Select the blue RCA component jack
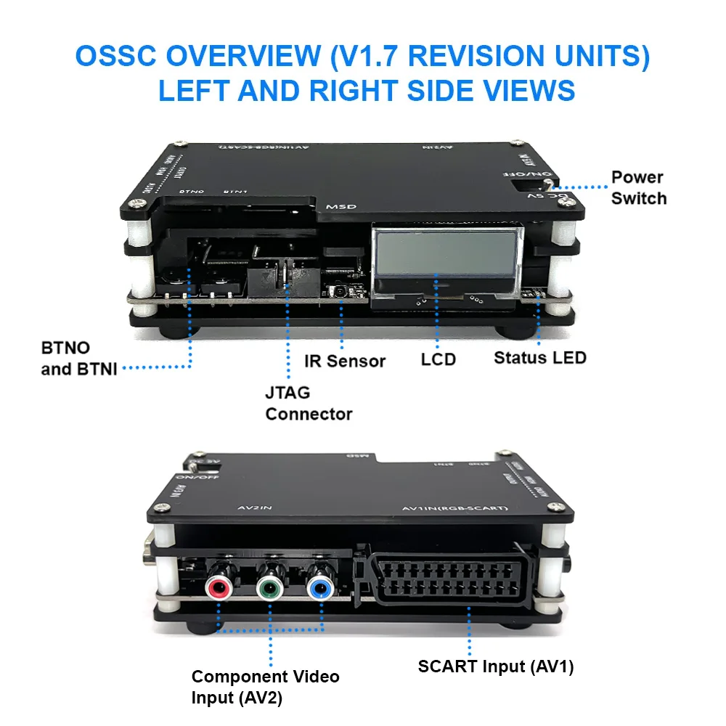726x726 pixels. [x=319, y=585]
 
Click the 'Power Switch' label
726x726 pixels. [x=637, y=187]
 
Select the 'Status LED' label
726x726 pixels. [x=539, y=357]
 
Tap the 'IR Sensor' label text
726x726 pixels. [x=345, y=361]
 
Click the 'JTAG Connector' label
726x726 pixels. [x=308, y=403]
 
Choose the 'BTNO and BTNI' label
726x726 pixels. [x=76, y=358]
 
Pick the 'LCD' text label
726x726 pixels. [x=438, y=359]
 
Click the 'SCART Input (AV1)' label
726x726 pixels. [x=495, y=666]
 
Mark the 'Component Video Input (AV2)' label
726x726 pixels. [x=265, y=687]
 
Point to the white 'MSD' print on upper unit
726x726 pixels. [x=340, y=206]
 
